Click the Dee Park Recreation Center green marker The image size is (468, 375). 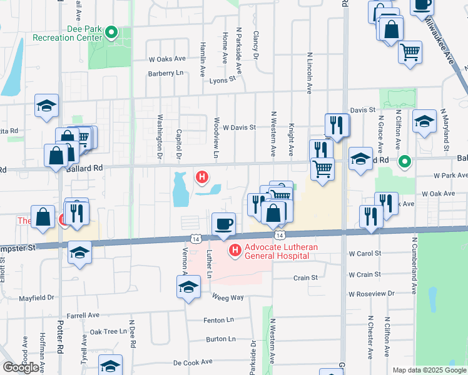(112, 32)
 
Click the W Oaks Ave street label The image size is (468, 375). (168, 59)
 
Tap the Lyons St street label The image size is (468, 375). (222, 80)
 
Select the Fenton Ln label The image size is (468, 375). (218, 320)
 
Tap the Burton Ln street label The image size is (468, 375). (221, 339)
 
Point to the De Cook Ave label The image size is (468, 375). (194, 362)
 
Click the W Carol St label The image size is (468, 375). (365, 254)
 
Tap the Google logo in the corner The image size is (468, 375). (21, 368)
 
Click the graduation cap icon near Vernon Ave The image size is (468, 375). (188, 289)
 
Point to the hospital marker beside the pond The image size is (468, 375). (202, 178)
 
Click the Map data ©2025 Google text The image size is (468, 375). (429, 370)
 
